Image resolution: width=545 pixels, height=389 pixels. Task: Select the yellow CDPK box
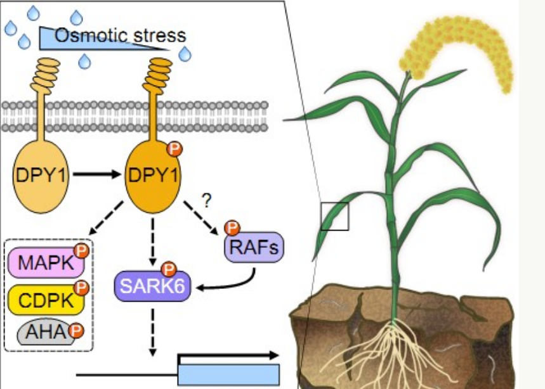(44, 297)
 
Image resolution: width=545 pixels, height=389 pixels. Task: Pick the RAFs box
(254, 246)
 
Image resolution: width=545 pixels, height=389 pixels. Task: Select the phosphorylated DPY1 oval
(152, 172)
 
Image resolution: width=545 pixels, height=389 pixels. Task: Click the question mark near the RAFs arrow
(206, 201)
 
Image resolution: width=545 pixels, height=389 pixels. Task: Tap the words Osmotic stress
(120, 34)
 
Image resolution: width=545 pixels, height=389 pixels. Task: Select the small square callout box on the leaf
(334, 216)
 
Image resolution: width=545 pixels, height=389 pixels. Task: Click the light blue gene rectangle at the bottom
(228, 374)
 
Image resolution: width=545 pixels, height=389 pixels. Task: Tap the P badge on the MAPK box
(81, 251)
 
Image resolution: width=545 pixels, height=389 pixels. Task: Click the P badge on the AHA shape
(76, 330)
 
